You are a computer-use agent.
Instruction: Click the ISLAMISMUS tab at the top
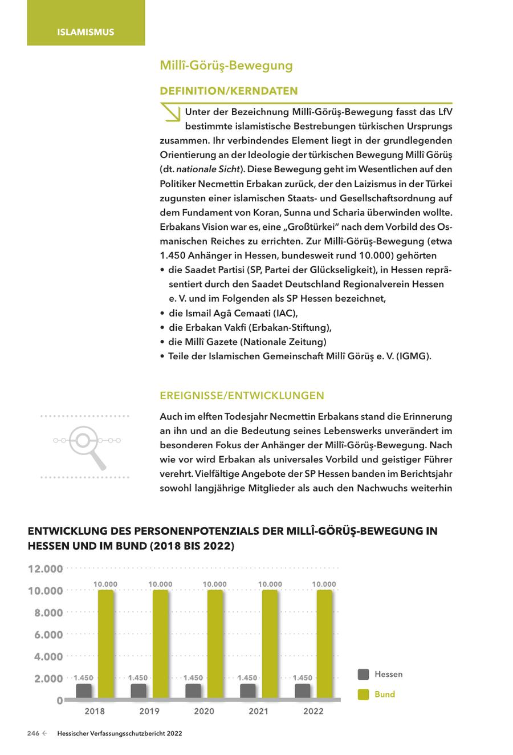(85, 32)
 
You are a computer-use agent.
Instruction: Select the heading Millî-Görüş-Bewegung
(226, 66)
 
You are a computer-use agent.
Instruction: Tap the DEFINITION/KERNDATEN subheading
(229, 91)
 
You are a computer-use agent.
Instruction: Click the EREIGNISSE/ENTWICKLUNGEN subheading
(242, 395)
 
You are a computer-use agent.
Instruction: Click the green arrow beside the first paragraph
(170, 112)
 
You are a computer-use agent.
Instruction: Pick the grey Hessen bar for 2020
(193, 691)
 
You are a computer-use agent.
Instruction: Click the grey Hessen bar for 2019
(139, 691)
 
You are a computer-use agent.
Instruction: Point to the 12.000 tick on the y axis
(45, 569)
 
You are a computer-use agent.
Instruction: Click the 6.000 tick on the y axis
(45, 635)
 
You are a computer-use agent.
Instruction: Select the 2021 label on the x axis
(259, 711)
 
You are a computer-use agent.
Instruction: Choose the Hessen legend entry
(388, 674)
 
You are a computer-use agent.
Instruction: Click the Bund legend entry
(385, 695)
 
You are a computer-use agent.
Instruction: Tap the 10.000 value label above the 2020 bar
(214, 584)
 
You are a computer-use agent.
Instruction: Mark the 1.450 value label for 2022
(303, 677)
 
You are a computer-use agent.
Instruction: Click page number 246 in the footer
(33, 734)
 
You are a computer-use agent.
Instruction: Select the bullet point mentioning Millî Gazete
(247, 342)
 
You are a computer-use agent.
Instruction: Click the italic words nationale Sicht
(207, 169)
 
